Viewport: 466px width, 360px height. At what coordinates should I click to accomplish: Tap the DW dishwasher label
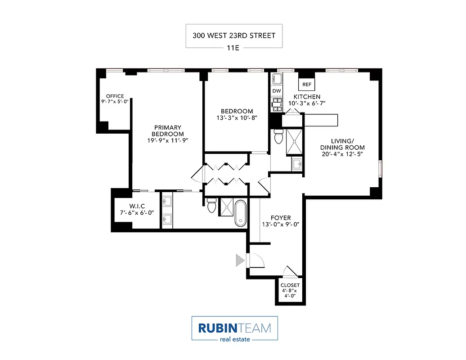pos(277,91)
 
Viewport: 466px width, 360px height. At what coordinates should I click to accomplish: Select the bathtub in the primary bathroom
pos(241,213)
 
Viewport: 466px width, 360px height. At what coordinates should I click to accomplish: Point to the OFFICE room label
pos(115,96)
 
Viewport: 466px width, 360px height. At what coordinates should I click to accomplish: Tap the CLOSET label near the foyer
pos(290,285)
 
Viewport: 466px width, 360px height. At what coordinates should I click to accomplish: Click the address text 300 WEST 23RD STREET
pos(234,36)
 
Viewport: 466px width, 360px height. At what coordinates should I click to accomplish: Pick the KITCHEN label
pos(307,97)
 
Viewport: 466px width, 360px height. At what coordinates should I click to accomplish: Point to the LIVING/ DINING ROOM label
pos(342,144)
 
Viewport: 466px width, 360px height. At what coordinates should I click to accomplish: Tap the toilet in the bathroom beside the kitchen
pos(278,136)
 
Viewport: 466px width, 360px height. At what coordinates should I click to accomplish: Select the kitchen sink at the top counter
pos(277,80)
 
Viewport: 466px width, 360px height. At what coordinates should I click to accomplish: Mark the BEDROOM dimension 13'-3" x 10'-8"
pos(237,118)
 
